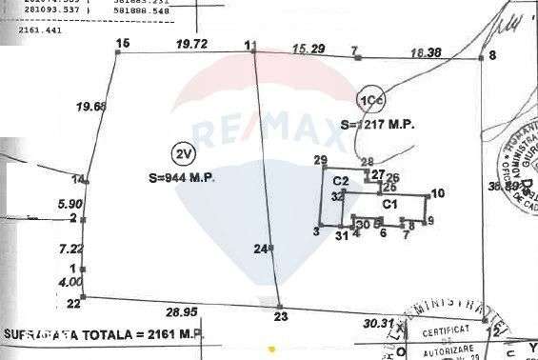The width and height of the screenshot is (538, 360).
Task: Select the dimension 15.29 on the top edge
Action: (307, 47)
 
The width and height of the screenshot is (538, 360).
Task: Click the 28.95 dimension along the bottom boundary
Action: (181, 311)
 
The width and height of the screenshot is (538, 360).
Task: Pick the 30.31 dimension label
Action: (378, 323)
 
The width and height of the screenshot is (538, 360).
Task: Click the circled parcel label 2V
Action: (181, 152)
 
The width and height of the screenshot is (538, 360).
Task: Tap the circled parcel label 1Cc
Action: (370, 100)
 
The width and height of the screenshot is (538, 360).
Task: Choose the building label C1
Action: (389, 204)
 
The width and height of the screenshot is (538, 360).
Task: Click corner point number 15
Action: (121, 44)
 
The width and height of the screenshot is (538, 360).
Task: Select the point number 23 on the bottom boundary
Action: (280, 315)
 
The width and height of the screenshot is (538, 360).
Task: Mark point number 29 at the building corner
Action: (320, 159)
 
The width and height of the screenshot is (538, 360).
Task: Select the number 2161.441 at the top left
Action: (40, 30)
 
